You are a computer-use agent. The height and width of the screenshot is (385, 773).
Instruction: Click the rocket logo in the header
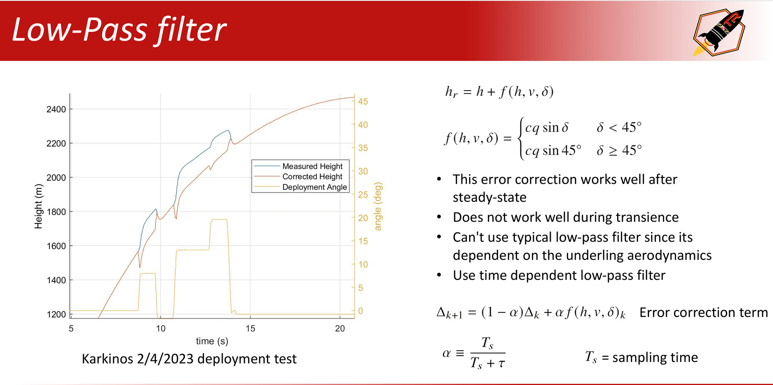(x=719, y=32)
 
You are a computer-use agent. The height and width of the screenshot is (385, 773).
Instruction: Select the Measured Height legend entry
(x=312, y=166)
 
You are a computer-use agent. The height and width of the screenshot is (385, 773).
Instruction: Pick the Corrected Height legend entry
(x=312, y=177)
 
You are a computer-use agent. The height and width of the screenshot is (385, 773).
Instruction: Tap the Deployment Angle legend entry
(x=314, y=187)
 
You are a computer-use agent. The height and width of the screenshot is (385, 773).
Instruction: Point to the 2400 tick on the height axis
(x=56, y=109)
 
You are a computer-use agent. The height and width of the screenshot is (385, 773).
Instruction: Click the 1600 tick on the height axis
(x=56, y=246)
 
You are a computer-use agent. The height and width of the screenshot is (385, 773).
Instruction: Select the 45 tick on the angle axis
(x=363, y=101)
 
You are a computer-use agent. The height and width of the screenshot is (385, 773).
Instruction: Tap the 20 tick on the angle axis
(x=363, y=218)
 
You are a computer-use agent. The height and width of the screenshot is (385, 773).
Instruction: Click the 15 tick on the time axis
(x=250, y=329)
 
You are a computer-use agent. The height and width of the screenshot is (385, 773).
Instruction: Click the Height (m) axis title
(x=38, y=206)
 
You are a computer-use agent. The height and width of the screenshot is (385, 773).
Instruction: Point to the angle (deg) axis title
(x=378, y=206)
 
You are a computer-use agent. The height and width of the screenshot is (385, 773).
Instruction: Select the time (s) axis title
(x=212, y=341)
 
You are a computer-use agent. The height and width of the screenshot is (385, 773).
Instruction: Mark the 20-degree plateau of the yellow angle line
(x=219, y=219)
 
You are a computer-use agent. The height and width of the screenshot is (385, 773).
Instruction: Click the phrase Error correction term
(x=703, y=313)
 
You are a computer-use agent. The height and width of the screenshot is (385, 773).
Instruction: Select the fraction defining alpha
(x=488, y=353)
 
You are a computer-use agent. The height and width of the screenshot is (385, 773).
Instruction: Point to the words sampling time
(x=655, y=357)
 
